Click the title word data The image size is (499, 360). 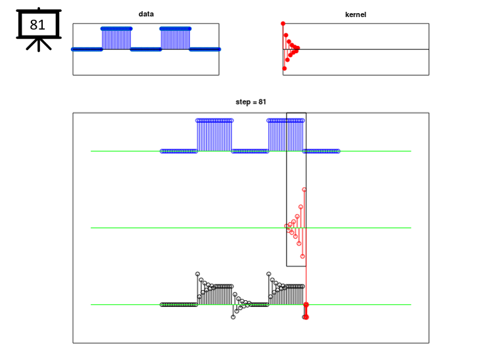pyautogui.click(x=146, y=14)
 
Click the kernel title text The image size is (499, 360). pyautogui.click(x=356, y=14)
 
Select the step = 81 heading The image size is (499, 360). pyautogui.click(x=250, y=102)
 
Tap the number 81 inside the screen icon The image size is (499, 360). pyautogui.click(x=37, y=25)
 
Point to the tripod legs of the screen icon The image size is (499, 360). pyautogui.click(x=39, y=45)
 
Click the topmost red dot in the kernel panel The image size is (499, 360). pyautogui.click(x=283, y=24)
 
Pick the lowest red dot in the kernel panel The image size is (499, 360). pyautogui.click(x=285, y=68)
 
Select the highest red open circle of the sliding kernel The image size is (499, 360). pyautogui.click(x=304, y=190)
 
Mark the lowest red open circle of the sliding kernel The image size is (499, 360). pyautogui.click(x=302, y=256)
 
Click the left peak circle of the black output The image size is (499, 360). pyautogui.click(x=198, y=274)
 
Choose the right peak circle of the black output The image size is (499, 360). pyautogui.click(x=269, y=274)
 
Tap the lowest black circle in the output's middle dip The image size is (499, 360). pyautogui.click(x=233, y=317)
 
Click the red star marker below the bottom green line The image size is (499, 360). pyautogui.click(x=306, y=317)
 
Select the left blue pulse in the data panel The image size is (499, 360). pyautogui.click(x=116, y=39)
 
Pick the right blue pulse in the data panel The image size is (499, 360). pyautogui.click(x=176, y=39)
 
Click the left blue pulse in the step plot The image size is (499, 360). pyautogui.click(x=214, y=135)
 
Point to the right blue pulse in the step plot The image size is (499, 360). pyautogui.click(x=286, y=135)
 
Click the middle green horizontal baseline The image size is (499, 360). pyautogui.click(x=250, y=228)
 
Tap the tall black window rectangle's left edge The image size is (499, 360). pyautogui.click(x=287, y=189)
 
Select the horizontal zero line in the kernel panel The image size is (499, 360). pyautogui.click(x=356, y=49)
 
